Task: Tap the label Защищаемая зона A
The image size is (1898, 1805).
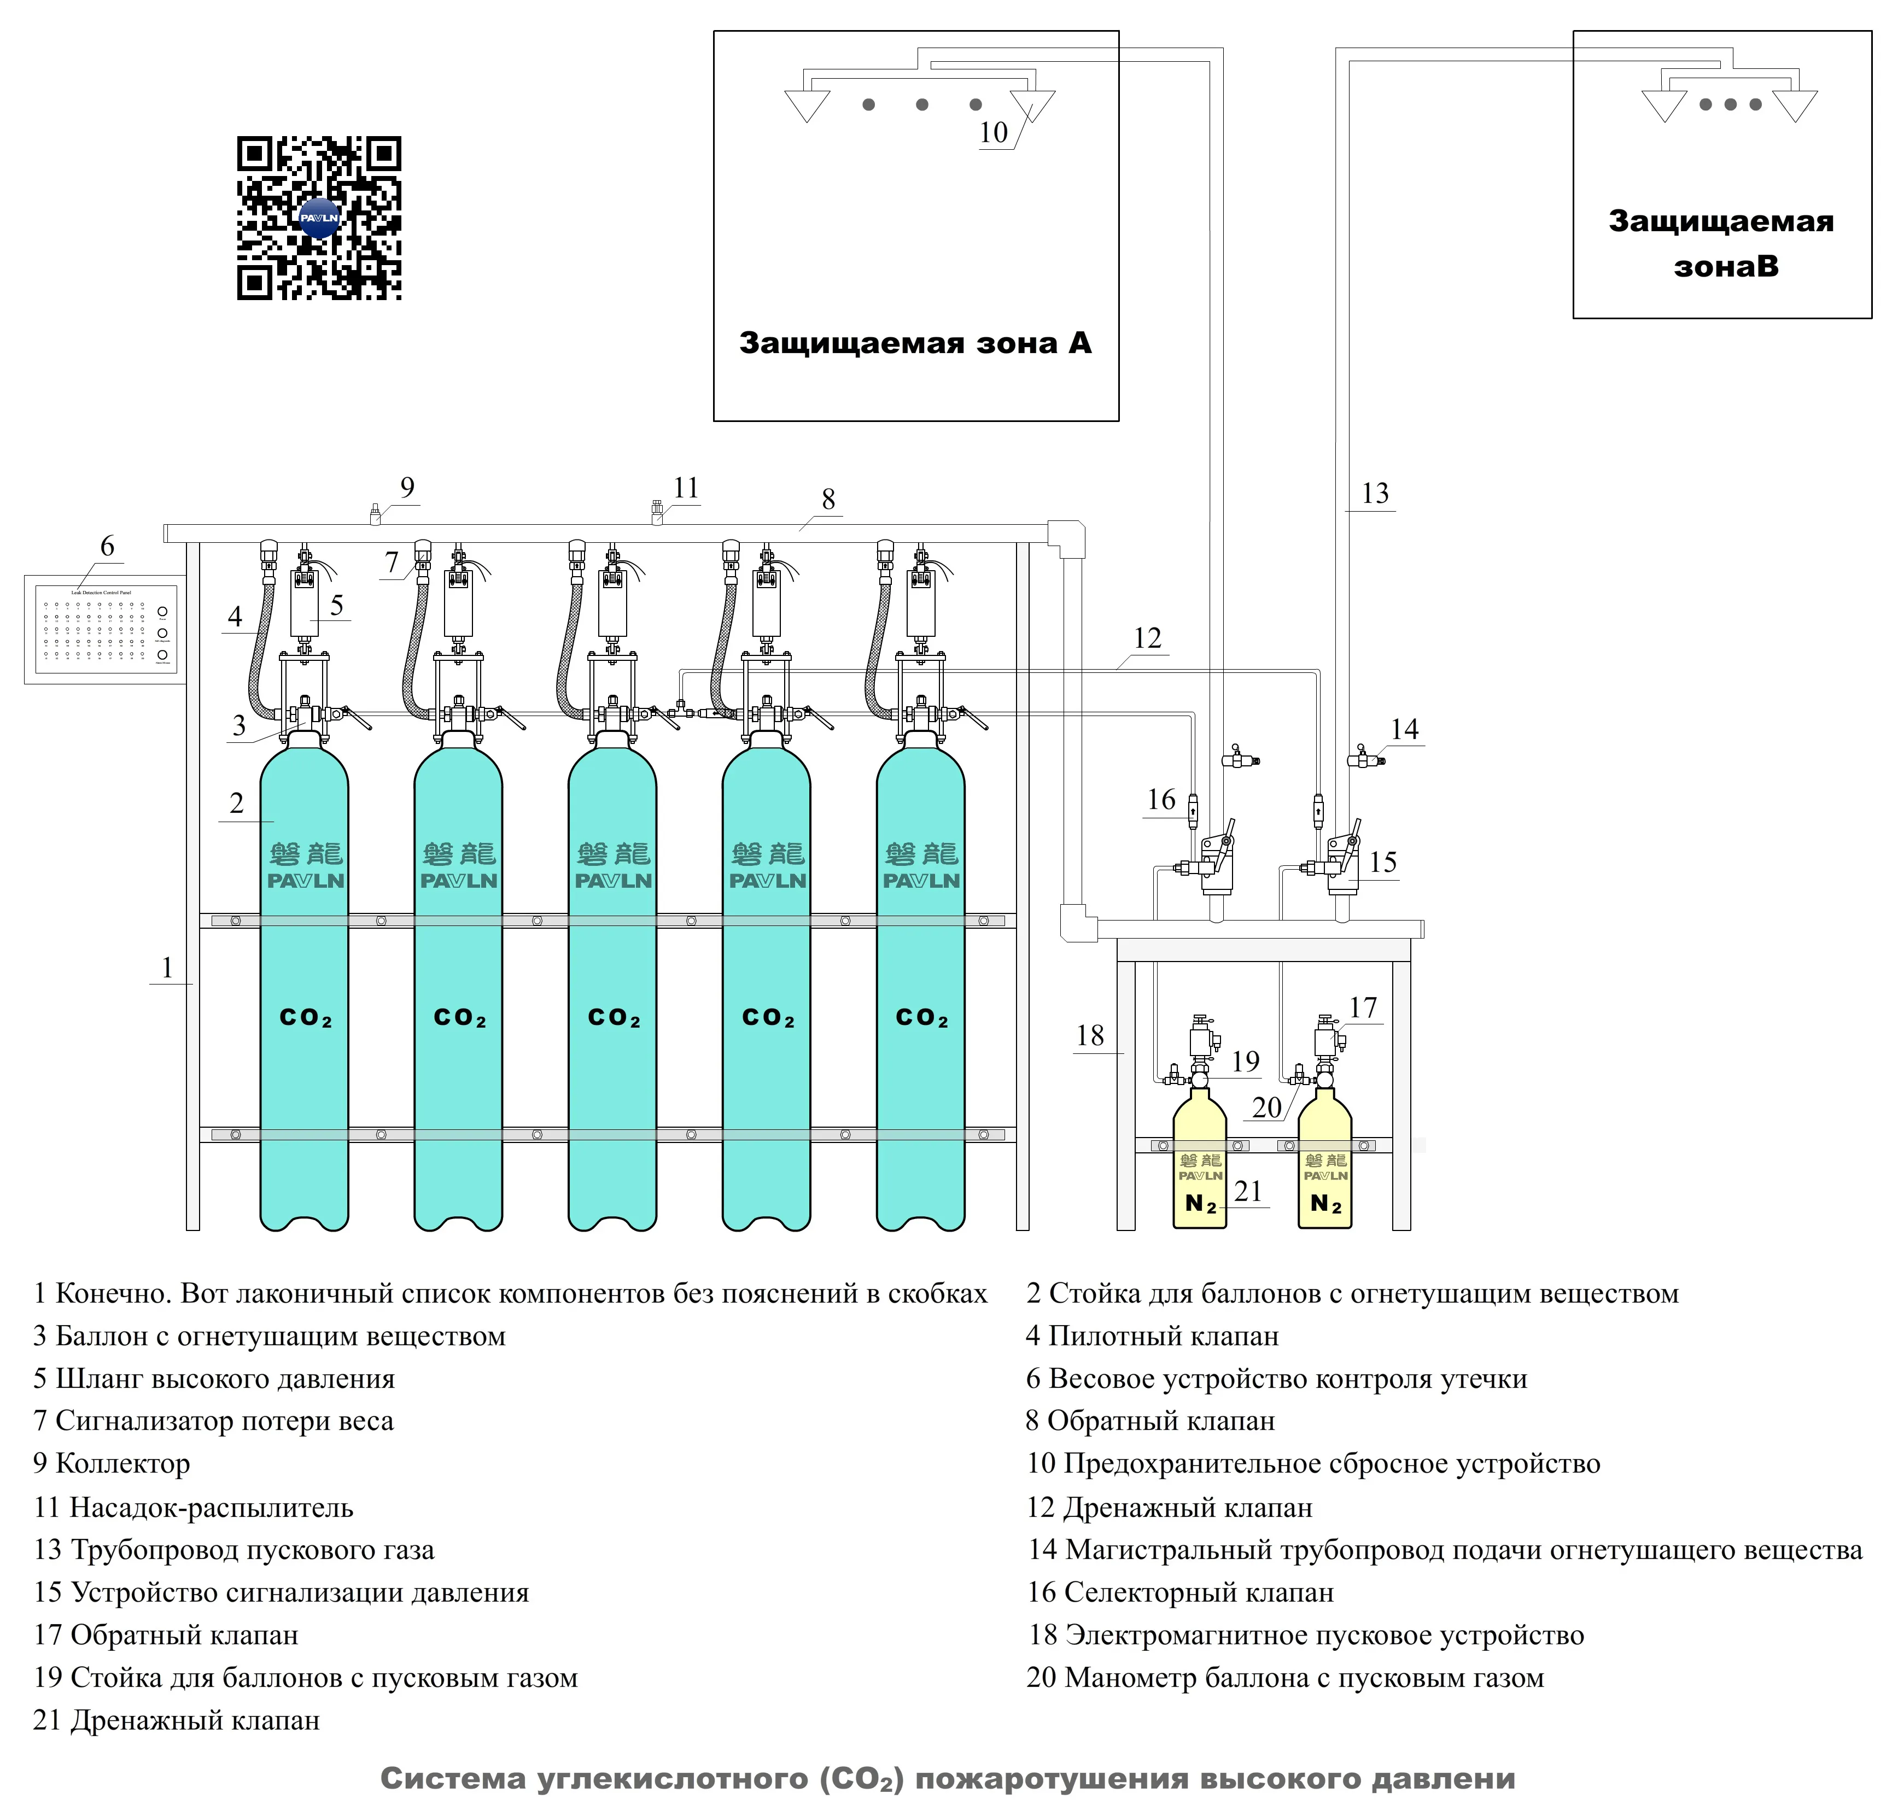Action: coord(915,343)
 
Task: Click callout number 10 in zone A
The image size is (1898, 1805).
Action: coord(993,133)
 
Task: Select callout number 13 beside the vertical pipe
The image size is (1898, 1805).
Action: coord(1374,494)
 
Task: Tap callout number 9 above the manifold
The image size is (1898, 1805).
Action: coord(407,488)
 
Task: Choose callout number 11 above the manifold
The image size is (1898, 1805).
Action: coord(685,488)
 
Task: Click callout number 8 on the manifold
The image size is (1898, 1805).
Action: coord(828,500)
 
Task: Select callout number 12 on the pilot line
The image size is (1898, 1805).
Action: coord(1146,638)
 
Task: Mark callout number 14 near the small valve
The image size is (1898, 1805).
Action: coord(1404,729)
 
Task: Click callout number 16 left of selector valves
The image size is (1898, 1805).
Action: coord(1161,800)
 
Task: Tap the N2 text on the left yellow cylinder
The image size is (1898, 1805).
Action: coord(1200,1204)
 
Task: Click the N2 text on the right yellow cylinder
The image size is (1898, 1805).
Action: coord(1325,1204)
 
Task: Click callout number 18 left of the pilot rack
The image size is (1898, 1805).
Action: coord(1089,1036)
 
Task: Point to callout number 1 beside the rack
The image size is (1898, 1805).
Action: coord(167,968)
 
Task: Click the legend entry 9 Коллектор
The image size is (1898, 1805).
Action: coord(112,1463)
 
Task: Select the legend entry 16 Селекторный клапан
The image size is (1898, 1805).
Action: coord(1180,1592)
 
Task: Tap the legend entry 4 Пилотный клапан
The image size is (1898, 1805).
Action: coord(1152,1337)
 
